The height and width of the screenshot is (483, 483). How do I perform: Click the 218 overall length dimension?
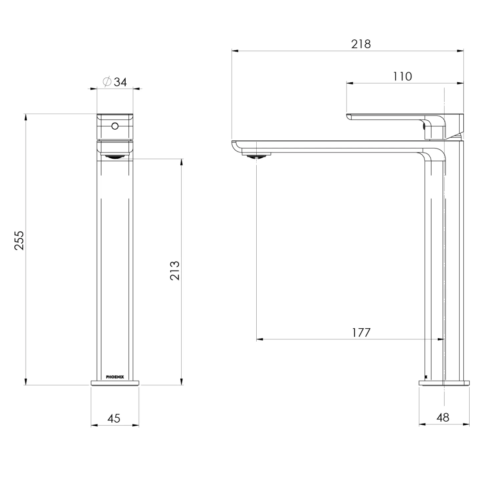pyautogui.click(x=361, y=44)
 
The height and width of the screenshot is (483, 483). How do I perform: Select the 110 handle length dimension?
pyautogui.click(x=402, y=76)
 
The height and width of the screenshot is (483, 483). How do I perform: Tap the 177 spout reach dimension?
pyautogui.click(x=361, y=333)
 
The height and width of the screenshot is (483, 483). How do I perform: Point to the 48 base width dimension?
pyautogui.click(x=443, y=418)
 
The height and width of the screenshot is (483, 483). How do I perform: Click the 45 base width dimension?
pyautogui.click(x=114, y=419)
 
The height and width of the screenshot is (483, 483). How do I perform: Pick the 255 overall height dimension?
pyautogui.click(x=19, y=240)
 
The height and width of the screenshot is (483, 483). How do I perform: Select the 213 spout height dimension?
pyautogui.click(x=175, y=270)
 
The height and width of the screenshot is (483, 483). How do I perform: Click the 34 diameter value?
pyautogui.click(x=120, y=82)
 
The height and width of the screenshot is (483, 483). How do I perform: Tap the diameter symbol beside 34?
pyautogui.click(x=107, y=82)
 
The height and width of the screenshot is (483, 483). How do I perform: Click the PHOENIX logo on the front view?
pyautogui.click(x=115, y=377)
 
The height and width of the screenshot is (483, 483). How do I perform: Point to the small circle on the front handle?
pyautogui.click(x=115, y=126)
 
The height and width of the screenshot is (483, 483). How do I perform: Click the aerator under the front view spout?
pyautogui.click(x=115, y=156)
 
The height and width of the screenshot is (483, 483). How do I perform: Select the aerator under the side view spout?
pyautogui.click(x=257, y=156)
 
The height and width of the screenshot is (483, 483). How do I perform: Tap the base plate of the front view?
pyautogui.click(x=115, y=383)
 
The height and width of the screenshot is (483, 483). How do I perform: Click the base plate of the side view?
pyautogui.click(x=444, y=383)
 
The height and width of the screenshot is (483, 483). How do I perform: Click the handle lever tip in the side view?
pyautogui.click(x=350, y=117)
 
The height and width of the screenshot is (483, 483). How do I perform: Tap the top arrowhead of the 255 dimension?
pyautogui.click(x=26, y=117)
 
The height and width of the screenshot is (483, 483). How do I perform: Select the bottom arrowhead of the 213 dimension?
pyautogui.click(x=182, y=381)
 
